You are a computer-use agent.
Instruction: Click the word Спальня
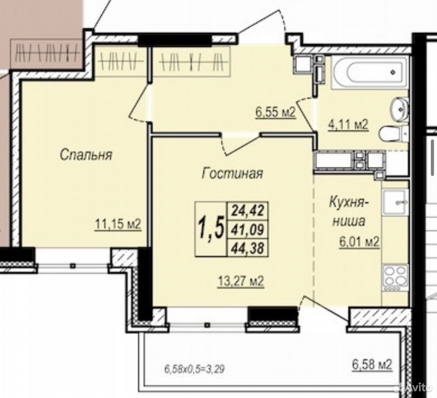[x=86, y=155]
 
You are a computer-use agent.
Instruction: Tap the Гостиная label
[x=232, y=173]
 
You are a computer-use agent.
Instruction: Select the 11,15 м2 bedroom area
[x=118, y=224]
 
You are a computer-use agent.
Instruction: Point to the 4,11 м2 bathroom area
[x=348, y=125]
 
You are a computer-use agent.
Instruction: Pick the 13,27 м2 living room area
[x=241, y=282]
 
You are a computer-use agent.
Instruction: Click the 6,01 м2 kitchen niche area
[x=359, y=242]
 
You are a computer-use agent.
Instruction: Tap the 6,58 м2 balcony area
[x=372, y=364]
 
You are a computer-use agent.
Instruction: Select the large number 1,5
[x=211, y=229]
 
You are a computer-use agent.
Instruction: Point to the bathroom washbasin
[x=400, y=109]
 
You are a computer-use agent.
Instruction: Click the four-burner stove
[x=395, y=277]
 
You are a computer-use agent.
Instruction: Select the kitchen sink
[x=395, y=201]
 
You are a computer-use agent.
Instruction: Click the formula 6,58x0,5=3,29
[x=195, y=370]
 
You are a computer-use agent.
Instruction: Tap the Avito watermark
[x=415, y=387]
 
